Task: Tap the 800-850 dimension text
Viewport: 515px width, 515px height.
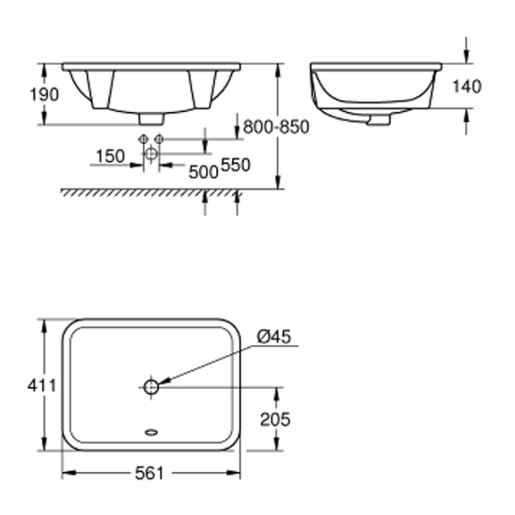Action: coord(276,127)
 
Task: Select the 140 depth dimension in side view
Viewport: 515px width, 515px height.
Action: coord(467,87)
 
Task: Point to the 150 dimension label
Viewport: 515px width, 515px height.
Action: coord(110,156)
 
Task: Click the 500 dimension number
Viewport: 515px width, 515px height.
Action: coord(203,172)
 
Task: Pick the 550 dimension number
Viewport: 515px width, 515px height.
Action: coord(235,165)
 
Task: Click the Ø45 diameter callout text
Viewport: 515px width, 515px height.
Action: coord(274,337)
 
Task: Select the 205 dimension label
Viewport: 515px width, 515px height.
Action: coord(275,419)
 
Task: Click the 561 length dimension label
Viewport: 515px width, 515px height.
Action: coord(149,473)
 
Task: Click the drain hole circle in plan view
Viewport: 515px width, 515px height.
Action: coord(151,387)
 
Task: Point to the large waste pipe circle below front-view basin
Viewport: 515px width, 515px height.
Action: coord(151,153)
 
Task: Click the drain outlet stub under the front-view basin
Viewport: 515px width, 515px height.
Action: coord(151,119)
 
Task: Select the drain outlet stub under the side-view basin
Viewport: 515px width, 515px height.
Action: coord(378,121)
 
